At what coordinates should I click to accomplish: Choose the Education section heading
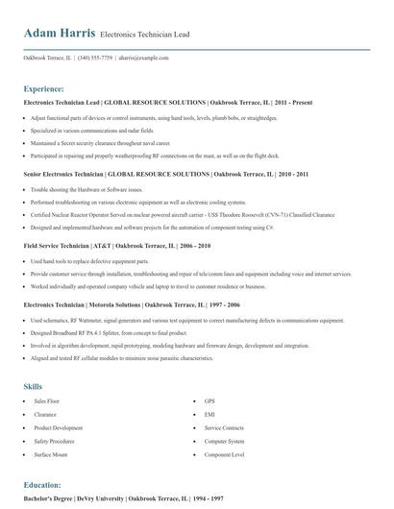point(42,485)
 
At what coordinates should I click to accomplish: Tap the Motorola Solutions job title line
point(133,303)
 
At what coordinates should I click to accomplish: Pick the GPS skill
point(209,373)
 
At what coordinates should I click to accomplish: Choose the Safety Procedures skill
point(56,413)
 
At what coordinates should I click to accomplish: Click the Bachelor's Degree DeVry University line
point(125,499)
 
